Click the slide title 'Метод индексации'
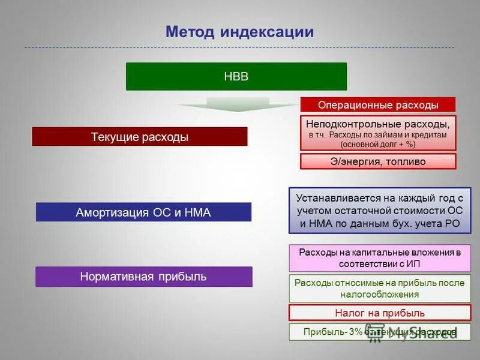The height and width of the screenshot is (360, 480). tap(239, 32)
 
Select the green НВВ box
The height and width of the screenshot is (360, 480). tap(236, 77)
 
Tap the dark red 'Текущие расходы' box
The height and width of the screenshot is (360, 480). tap(139, 137)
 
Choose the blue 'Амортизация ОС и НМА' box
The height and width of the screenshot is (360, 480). tap(143, 212)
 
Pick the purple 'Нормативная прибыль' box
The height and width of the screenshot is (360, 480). tap(143, 277)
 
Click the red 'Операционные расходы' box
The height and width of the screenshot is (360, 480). tap(378, 105)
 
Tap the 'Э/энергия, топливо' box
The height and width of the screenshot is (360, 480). tap(378, 161)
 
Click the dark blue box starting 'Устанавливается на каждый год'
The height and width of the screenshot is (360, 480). tap(380, 210)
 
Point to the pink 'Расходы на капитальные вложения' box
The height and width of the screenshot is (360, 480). tap(380, 258)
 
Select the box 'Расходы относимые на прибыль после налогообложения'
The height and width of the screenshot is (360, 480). tap(380, 289)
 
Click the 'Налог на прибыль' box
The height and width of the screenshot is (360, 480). tap(380, 313)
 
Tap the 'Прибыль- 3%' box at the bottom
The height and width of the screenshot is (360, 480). tap(380, 332)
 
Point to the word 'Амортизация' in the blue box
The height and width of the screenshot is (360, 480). tap(107, 212)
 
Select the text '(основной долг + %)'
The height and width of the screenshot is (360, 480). tap(378, 145)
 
